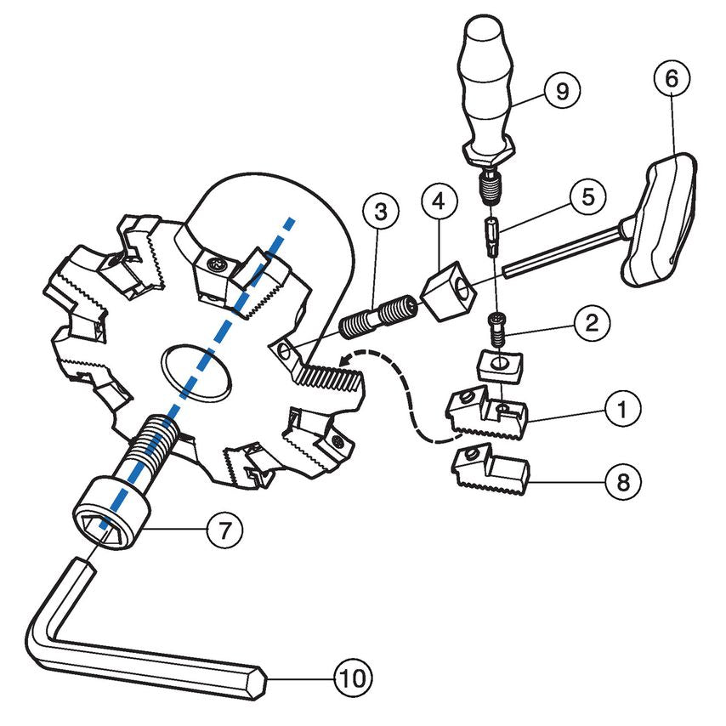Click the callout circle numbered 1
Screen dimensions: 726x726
[x=623, y=410]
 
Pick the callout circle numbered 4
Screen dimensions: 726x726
[x=440, y=203]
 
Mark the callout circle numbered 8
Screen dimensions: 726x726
[x=623, y=481]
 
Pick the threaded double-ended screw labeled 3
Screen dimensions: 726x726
[x=378, y=315]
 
